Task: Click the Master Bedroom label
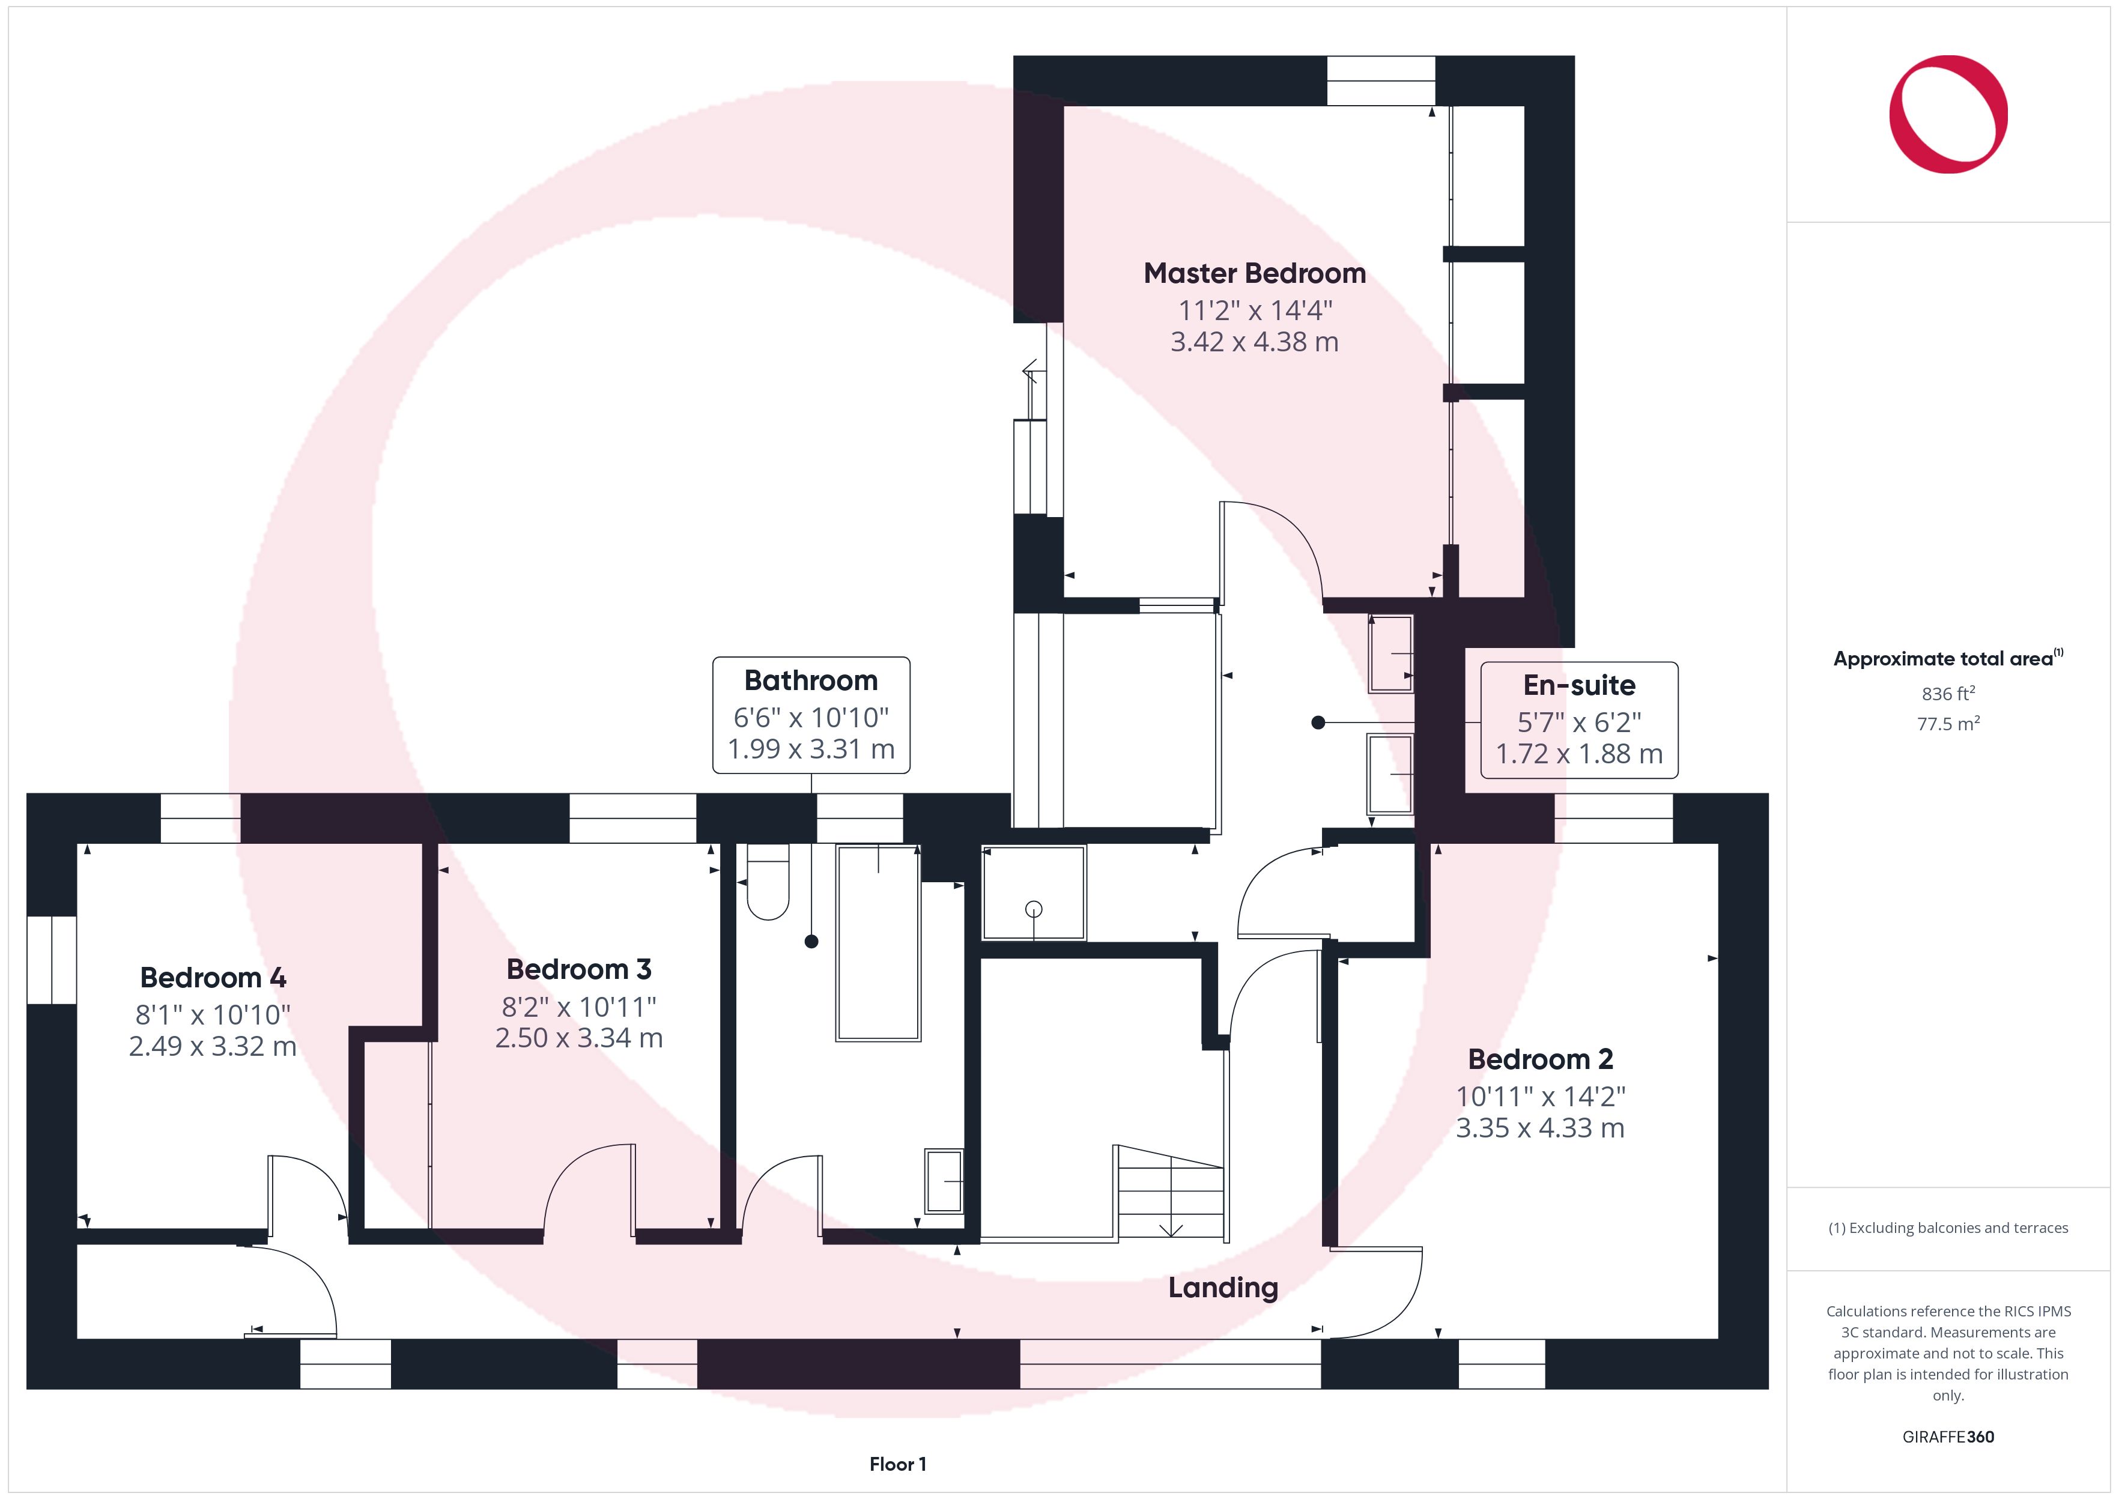point(1254,273)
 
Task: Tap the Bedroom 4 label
point(213,978)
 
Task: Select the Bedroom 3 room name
point(578,969)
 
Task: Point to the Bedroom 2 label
point(1541,1059)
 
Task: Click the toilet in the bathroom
point(768,882)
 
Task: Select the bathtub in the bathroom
point(878,942)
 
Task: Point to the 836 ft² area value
point(1948,693)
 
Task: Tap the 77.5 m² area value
point(1948,724)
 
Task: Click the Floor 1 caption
point(897,1464)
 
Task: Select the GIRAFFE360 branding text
point(1948,1437)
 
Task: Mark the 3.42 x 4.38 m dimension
point(1254,342)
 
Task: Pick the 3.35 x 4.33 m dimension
point(1541,1128)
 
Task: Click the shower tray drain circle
point(1034,909)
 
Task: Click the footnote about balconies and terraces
point(1948,1228)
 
